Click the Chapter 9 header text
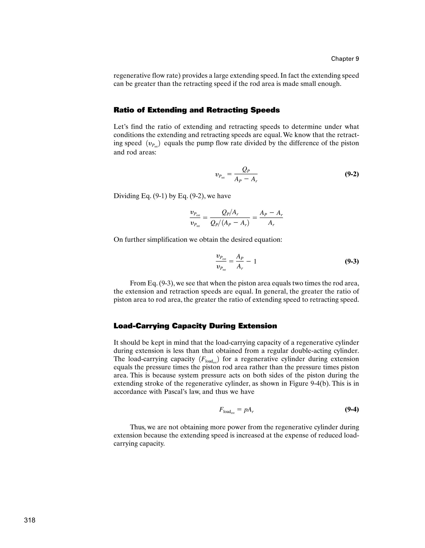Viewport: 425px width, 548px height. (x=345, y=59)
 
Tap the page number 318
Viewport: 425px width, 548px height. (x=30, y=520)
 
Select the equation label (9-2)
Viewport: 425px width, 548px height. (x=352, y=174)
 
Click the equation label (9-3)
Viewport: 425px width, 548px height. (x=352, y=262)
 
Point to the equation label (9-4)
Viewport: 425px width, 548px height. (x=352, y=409)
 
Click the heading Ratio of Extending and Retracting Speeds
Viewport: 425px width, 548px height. (x=197, y=110)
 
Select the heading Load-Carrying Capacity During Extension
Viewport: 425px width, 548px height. (x=195, y=326)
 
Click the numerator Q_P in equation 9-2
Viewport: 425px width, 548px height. (x=246, y=170)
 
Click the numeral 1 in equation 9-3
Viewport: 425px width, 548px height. (x=255, y=262)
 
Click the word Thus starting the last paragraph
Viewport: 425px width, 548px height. (x=138, y=427)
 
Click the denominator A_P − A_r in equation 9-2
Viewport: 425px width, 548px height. (x=246, y=180)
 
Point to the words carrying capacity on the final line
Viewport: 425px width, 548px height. (x=139, y=444)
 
